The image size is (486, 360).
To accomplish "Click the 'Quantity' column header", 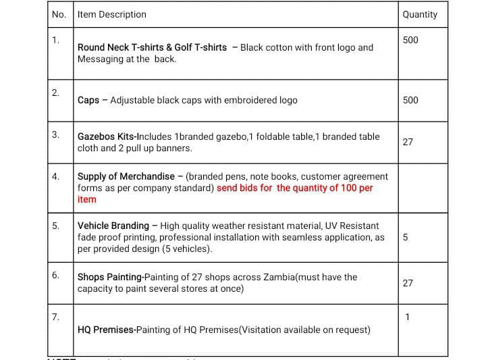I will [419, 14].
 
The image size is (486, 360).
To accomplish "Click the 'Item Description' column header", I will [111, 14].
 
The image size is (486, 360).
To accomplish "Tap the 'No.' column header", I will [59, 14].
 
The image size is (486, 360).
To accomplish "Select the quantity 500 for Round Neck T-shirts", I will [410, 40].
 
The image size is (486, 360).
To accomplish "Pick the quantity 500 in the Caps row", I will [410, 100].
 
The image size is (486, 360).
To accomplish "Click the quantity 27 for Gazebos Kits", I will [408, 142].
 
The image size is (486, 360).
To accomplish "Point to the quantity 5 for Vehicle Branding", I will [405, 237].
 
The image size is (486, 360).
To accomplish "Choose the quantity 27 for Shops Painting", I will [408, 283].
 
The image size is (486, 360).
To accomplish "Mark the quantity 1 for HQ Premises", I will [407, 317].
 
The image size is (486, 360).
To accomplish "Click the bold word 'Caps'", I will [88, 100].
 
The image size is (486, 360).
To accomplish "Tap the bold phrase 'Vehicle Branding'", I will [113, 226].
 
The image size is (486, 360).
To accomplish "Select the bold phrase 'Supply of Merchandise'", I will [126, 176].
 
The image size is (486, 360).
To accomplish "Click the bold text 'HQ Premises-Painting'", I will [116, 330].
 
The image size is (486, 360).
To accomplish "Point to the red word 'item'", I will [87, 199].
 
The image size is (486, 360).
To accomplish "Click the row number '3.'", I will [56, 134].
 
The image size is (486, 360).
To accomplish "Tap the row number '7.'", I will [56, 316].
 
